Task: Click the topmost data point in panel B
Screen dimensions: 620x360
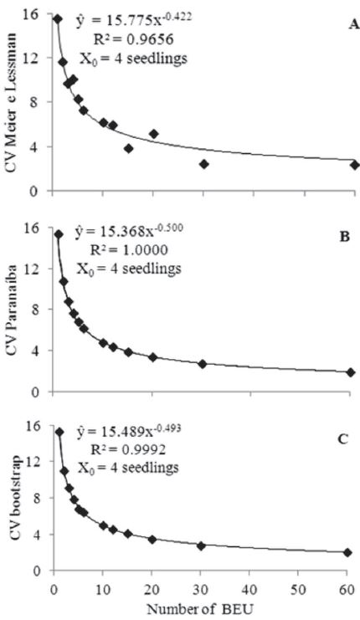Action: [59, 234]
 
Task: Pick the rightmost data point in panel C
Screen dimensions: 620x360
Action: [347, 552]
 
